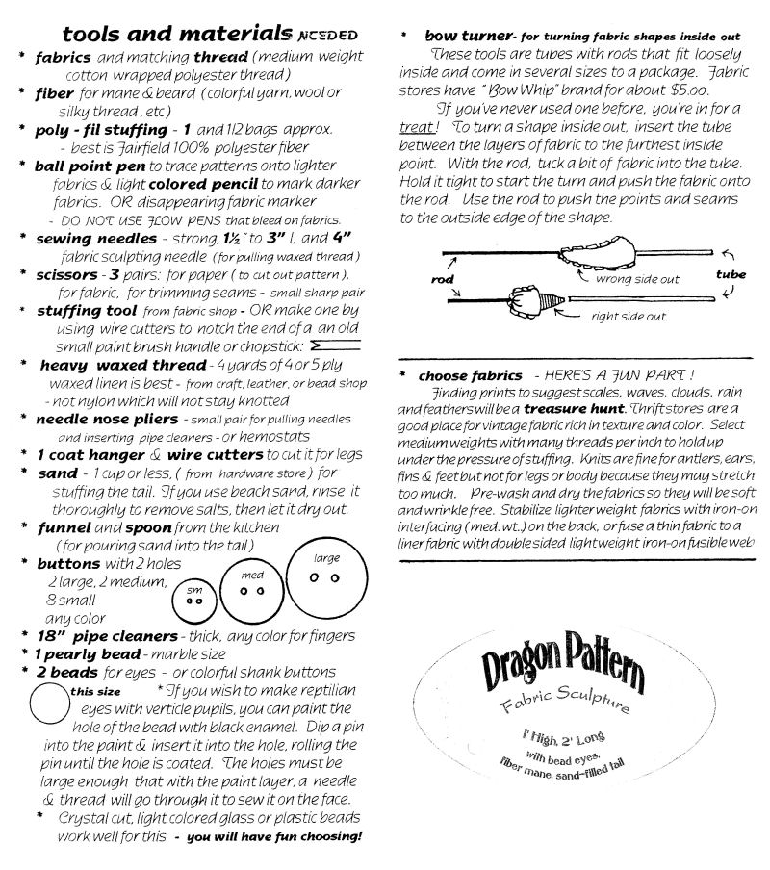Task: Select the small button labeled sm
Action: pos(194,601)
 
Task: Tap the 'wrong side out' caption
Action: pos(637,279)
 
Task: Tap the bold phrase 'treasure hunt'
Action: pos(564,408)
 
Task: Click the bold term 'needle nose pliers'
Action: pos(107,420)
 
